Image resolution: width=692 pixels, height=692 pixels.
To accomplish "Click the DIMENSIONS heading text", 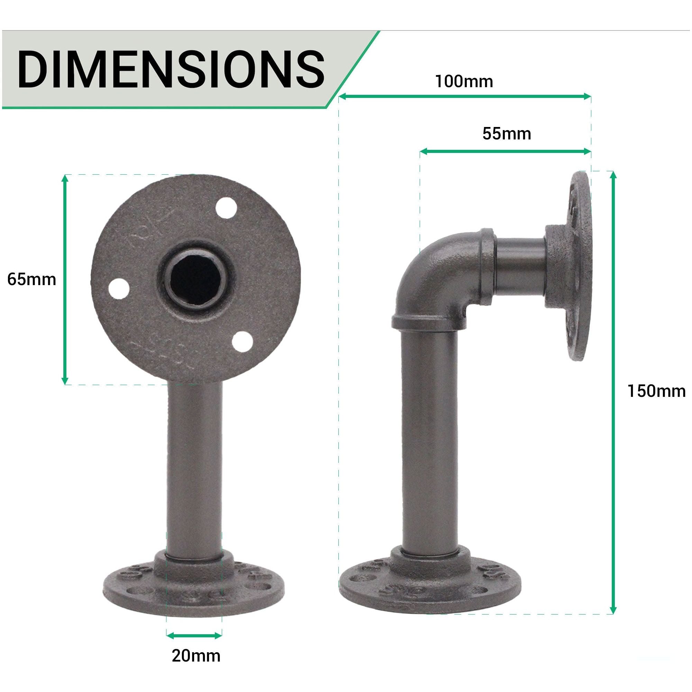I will coord(171,69).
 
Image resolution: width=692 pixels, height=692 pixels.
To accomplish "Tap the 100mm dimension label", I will coord(464,82).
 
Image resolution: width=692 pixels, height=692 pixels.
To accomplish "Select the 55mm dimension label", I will coord(507,134).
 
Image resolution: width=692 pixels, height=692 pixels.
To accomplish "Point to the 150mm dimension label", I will coord(656,391).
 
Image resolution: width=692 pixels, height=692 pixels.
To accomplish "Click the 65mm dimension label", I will coord(31,279).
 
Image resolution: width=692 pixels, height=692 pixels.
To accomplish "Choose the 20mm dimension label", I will coord(196,656).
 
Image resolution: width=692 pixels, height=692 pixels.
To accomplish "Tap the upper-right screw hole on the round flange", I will coord(227,208).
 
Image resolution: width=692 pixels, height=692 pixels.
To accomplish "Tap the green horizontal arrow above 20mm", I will coord(194,636).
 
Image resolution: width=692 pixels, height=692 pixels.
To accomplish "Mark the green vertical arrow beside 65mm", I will coord(65,279).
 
